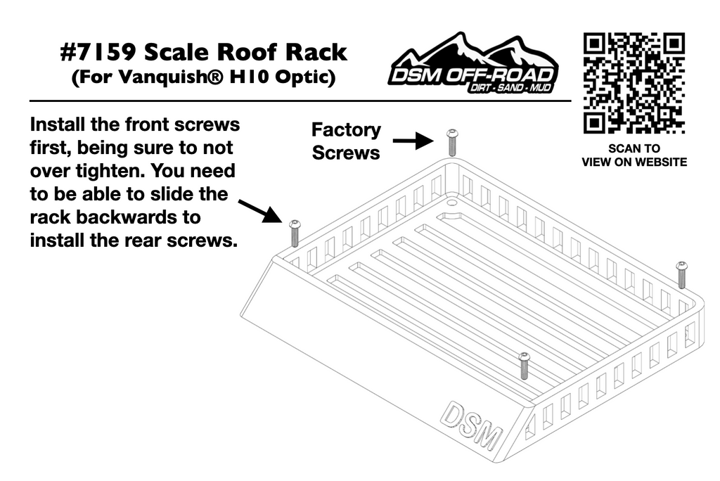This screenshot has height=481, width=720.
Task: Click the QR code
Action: (x=634, y=83)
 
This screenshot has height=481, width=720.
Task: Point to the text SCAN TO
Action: (x=634, y=148)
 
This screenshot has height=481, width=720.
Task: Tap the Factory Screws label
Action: (x=346, y=141)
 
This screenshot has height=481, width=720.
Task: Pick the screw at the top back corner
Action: (x=451, y=142)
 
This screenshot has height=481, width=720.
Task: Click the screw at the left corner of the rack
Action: (x=295, y=232)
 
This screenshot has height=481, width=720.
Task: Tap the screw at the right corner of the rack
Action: (x=681, y=274)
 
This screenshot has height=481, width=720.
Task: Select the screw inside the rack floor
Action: (x=524, y=366)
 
